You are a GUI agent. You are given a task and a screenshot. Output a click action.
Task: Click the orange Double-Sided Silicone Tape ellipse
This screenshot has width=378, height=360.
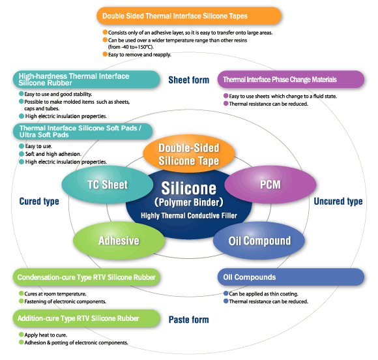tap(189, 154)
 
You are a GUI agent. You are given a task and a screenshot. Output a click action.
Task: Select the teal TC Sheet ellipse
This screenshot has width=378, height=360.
tap(108, 185)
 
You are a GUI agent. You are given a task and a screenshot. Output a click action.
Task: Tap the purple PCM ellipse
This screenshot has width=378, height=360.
tap(270, 185)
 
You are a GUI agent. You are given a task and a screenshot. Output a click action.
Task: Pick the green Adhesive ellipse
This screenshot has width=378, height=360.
tap(119, 241)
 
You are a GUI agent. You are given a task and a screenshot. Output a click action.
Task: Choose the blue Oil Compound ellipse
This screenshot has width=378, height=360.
tap(259, 241)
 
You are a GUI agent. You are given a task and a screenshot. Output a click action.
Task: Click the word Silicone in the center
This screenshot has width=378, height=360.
tap(189, 188)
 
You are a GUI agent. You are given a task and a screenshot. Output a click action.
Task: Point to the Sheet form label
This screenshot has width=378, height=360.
tap(189, 80)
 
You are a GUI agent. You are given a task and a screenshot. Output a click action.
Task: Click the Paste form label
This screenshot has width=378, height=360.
tap(189, 320)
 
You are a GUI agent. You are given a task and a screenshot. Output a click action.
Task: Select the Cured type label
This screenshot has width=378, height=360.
tap(39, 202)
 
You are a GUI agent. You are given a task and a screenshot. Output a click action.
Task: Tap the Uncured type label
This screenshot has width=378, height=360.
tap(338, 202)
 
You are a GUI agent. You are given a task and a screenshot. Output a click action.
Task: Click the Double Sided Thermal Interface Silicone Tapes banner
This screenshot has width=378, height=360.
tap(189, 16)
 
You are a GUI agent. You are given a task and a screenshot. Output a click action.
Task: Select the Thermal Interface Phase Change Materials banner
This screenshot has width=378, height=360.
tap(291, 80)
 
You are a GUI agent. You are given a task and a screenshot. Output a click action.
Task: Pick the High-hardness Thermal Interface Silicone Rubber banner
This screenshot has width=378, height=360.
tap(86, 80)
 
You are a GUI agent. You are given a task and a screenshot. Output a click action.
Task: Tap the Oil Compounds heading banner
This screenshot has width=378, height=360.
tap(291, 277)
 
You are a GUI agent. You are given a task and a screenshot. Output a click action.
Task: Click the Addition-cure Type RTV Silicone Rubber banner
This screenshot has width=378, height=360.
tap(86, 318)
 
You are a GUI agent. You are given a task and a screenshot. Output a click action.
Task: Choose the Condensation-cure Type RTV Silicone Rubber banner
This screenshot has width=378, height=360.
tap(86, 277)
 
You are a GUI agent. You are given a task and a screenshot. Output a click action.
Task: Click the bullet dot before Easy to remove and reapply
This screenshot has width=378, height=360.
tap(105, 54)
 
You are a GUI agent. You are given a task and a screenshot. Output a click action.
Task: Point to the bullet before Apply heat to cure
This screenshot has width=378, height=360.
tap(22, 335)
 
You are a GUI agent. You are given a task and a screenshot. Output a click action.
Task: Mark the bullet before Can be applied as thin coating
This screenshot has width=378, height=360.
tap(226, 293)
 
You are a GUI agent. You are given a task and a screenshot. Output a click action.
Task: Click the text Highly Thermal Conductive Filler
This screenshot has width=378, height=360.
tap(189, 215)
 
